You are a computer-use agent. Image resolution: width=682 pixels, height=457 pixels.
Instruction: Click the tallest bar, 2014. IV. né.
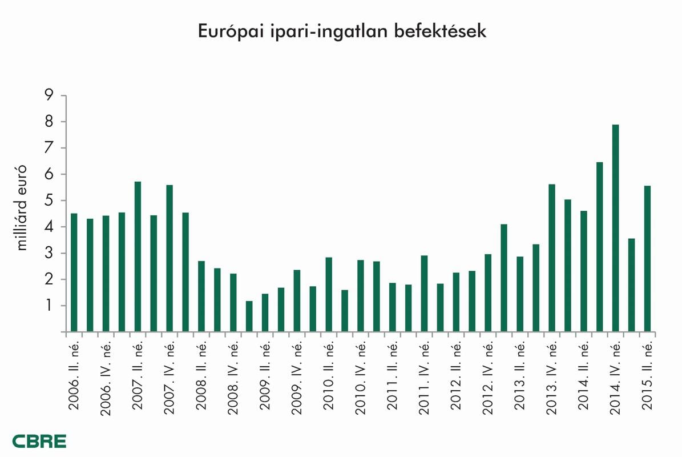click(615, 228)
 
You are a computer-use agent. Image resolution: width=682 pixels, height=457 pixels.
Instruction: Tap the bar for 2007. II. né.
click(138, 256)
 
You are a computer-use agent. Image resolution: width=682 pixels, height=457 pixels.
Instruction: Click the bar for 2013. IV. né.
click(552, 258)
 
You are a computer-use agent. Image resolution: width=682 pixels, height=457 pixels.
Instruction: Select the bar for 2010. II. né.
click(329, 294)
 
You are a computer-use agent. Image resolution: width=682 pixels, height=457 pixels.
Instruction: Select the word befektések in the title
click(439, 31)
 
